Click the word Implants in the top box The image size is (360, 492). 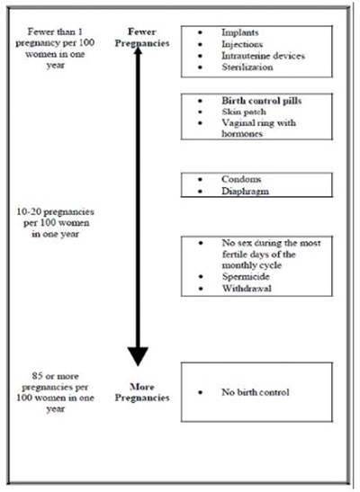point(238,31)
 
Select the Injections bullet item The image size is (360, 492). point(239,43)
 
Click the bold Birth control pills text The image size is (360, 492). point(261,103)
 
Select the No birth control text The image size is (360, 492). point(256,392)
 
